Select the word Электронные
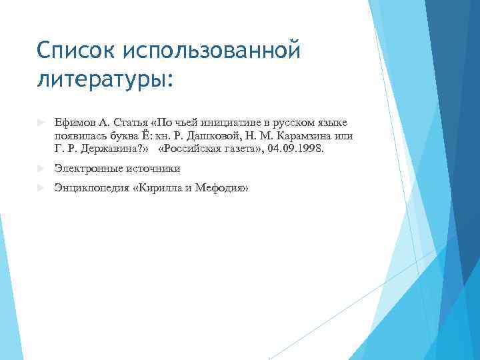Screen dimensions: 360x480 (87, 169)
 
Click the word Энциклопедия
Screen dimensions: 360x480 (92, 189)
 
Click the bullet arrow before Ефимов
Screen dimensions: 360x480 (41, 123)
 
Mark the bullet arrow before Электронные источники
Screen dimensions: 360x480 (41, 169)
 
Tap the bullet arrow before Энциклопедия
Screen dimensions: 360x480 (41, 189)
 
